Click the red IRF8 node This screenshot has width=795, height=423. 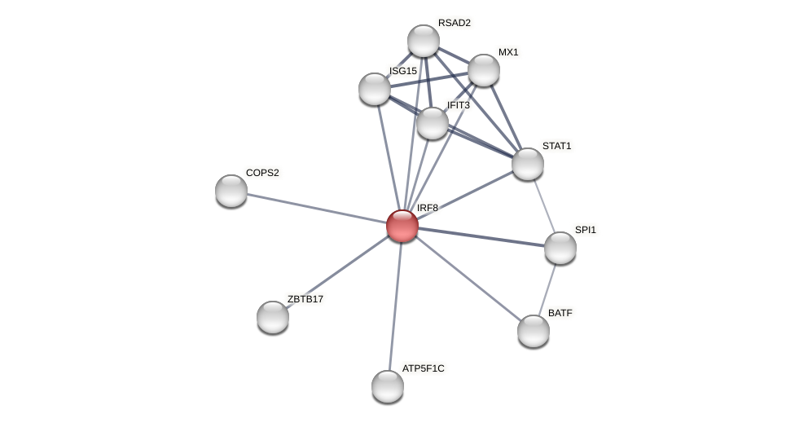click(x=402, y=226)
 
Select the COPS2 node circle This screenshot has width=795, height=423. click(x=231, y=191)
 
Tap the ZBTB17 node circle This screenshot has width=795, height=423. click(x=273, y=317)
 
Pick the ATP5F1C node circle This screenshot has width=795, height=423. click(x=388, y=386)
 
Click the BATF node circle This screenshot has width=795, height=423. click(x=534, y=331)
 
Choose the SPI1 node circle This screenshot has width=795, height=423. click(x=560, y=248)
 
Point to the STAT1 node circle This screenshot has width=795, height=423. click(x=528, y=164)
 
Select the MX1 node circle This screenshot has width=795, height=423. click(x=484, y=70)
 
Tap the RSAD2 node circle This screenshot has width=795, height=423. click(x=424, y=41)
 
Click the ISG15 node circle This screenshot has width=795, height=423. click(x=375, y=89)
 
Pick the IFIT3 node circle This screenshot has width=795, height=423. click(x=433, y=123)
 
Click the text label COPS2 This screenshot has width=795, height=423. click(x=262, y=173)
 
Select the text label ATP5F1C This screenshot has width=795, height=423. click(x=424, y=368)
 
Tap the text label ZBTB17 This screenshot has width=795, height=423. click(x=305, y=299)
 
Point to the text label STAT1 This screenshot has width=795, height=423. click(x=557, y=146)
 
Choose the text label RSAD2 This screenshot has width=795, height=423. click(x=454, y=23)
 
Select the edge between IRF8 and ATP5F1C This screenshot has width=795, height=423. click(x=395, y=306)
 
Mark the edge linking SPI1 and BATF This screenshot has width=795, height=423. click(x=547, y=289)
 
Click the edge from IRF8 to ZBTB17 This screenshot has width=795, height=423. click(x=337, y=271)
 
